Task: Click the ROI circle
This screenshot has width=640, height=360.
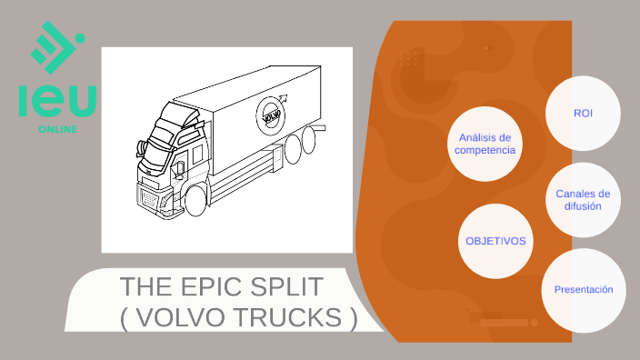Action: click(583, 113)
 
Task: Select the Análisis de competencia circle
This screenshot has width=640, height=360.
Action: click(485, 144)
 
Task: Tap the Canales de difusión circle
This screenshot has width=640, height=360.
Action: click(583, 199)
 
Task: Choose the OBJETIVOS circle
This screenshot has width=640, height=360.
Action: click(495, 241)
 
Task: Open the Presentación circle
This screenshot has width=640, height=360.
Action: click(583, 289)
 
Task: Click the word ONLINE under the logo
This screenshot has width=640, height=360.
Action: click(57, 129)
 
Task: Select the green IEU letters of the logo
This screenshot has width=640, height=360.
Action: click(57, 101)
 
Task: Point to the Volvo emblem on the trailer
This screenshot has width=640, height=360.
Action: click(270, 115)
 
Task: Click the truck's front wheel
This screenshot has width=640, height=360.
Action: click(195, 200)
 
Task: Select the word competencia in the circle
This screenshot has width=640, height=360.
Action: click(485, 150)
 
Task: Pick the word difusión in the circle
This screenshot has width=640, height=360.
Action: click(583, 205)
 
